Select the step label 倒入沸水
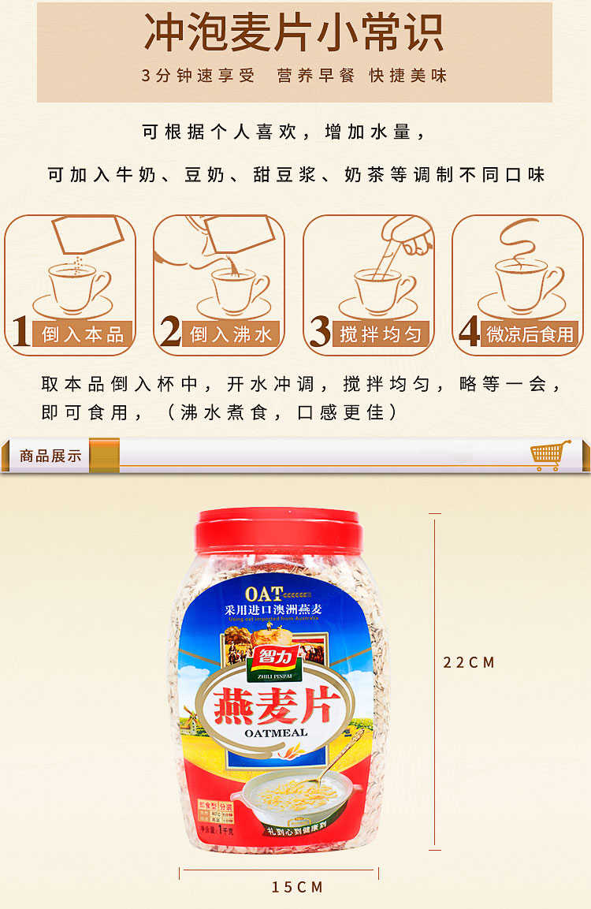pos(231,334)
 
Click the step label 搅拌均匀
pos(381,334)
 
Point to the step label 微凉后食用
pos(530,334)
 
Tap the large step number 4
pos(469,331)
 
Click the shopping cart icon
pos(550,455)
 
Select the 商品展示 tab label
pos(50,456)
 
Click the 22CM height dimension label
pos(469,663)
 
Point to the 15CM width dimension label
pos(298,888)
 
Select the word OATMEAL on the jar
pos(276,732)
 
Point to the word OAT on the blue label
pos(263,594)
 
